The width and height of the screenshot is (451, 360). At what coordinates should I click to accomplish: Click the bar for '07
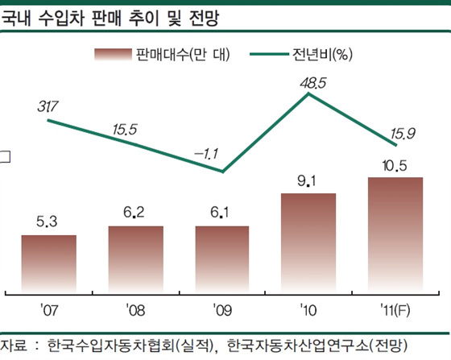[48, 263]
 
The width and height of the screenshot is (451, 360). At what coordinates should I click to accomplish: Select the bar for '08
[135, 259]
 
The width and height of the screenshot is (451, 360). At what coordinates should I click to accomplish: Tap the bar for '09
[222, 259]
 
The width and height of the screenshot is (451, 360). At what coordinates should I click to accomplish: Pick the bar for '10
[309, 242]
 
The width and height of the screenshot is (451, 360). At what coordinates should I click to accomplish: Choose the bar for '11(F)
[395, 234]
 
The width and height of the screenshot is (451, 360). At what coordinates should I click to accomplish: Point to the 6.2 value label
[135, 213]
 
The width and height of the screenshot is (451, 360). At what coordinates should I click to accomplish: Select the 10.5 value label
[395, 165]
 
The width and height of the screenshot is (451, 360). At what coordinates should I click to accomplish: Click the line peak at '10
[309, 93]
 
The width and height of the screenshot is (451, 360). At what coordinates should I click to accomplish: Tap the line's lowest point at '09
[222, 171]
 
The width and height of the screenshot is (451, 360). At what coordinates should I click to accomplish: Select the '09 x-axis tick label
[222, 308]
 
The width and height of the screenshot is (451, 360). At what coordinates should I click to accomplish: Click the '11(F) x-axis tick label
[395, 308]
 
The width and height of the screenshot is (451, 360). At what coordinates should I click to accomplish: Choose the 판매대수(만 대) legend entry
[162, 55]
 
